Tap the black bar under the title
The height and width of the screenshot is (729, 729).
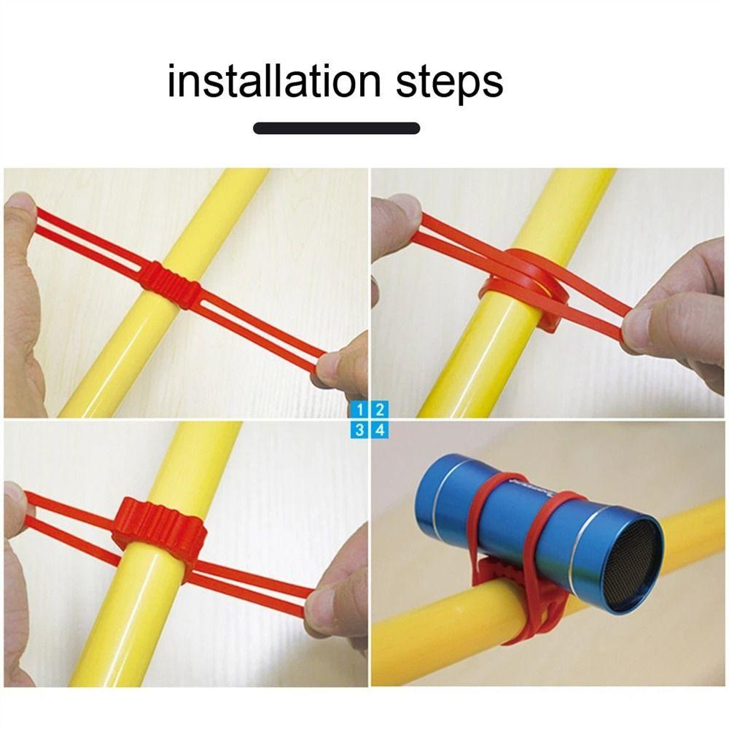(x=336, y=128)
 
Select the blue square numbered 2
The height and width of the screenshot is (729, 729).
(x=379, y=409)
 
